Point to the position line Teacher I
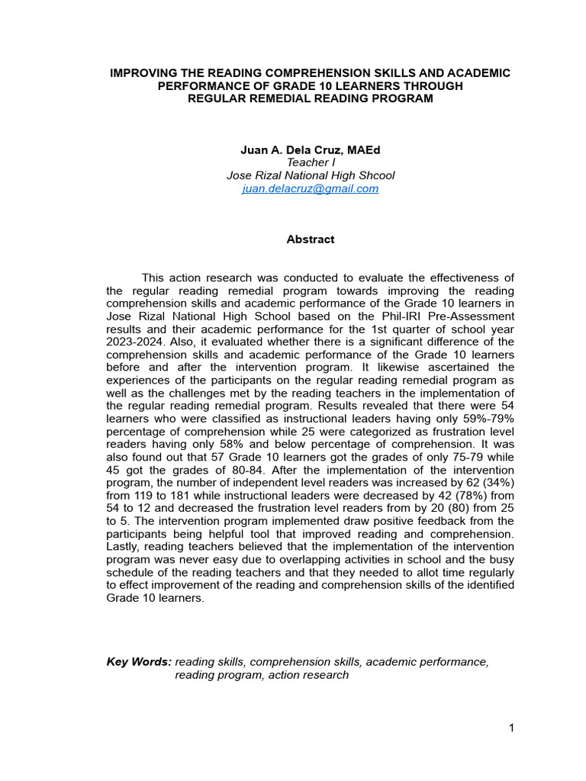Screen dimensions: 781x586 point(311,162)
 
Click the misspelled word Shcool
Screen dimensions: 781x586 point(376,175)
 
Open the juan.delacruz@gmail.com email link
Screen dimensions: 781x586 point(311,188)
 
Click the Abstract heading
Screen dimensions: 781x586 point(311,239)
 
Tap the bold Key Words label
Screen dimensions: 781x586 point(139,662)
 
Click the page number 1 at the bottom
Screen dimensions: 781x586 point(511,728)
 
